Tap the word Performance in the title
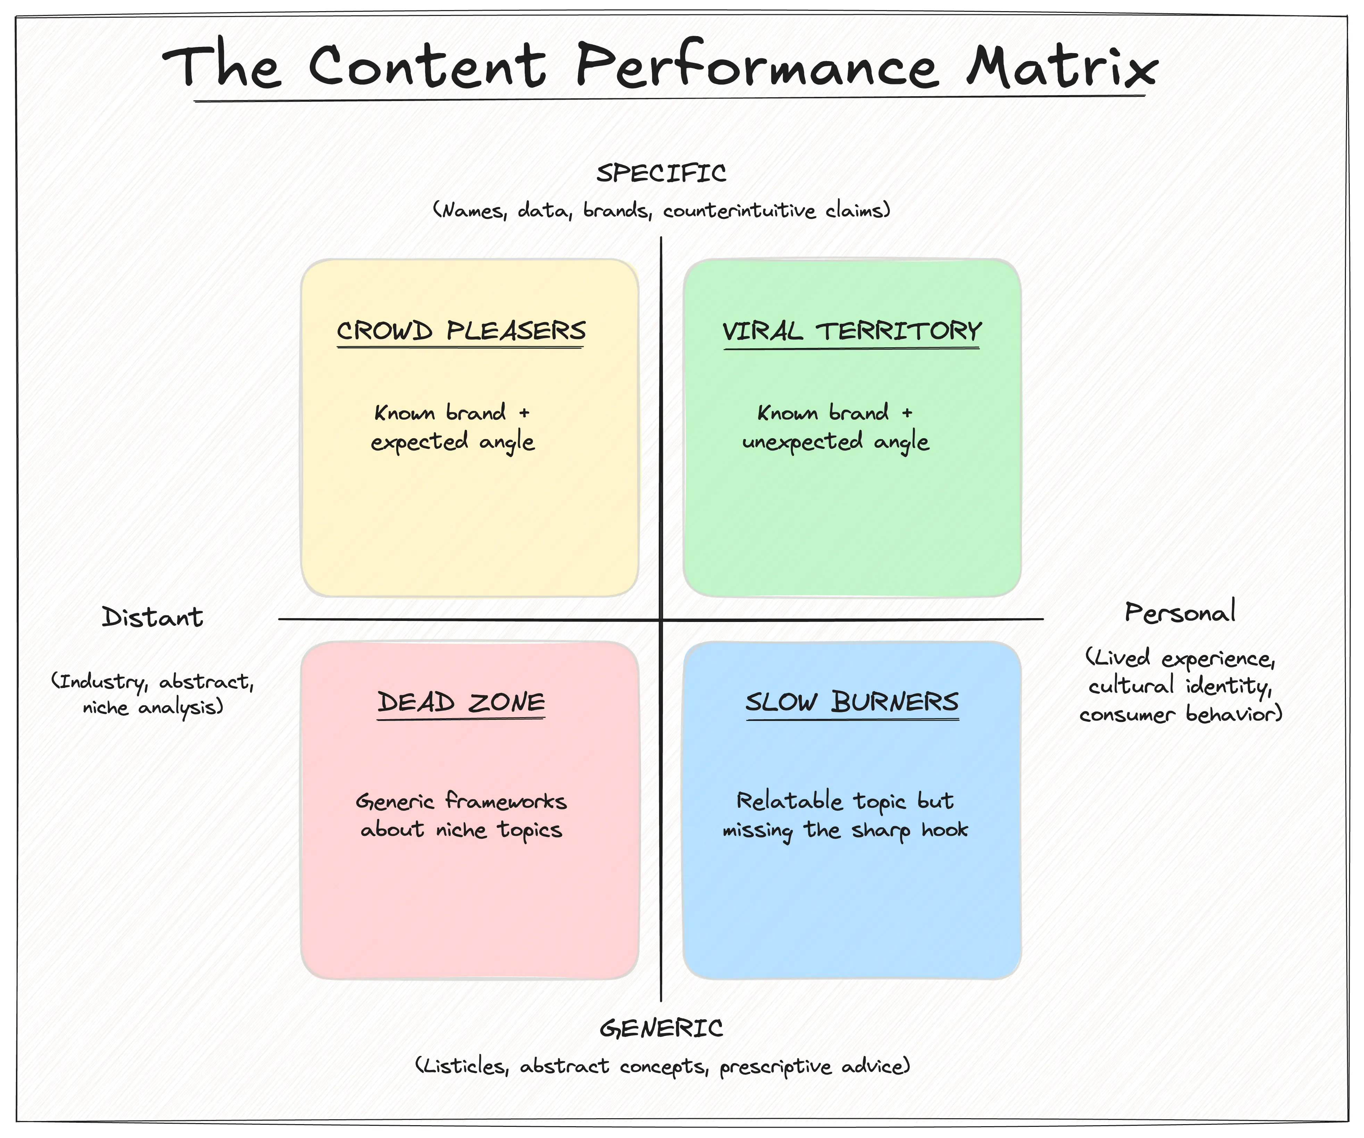point(757,65)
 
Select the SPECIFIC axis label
point(661,173)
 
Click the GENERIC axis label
point(661,1028)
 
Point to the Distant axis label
point(153,617)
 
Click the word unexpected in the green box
point(803,442)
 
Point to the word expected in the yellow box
point(419,442)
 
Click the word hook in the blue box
point(945,830)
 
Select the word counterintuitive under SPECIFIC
point(739,210)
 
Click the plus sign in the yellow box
point(524,413)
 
